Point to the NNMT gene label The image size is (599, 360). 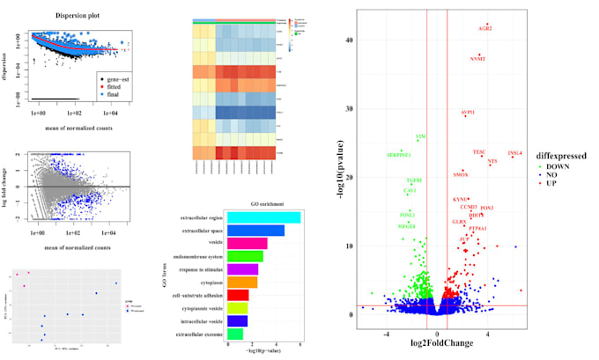tap(477, 59)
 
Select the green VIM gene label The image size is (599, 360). tap(421, 136)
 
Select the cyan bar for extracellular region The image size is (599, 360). tap(263, 217)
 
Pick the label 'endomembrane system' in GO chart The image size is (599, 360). tap(196, 256)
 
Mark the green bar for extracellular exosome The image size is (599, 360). tap(235, 334)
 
